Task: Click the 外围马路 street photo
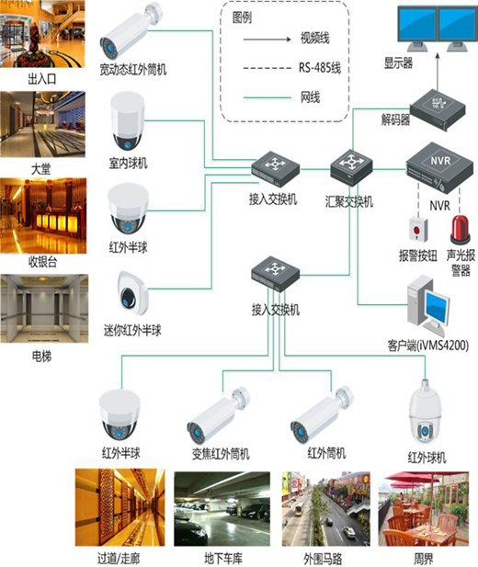click(x=326, y=509)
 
